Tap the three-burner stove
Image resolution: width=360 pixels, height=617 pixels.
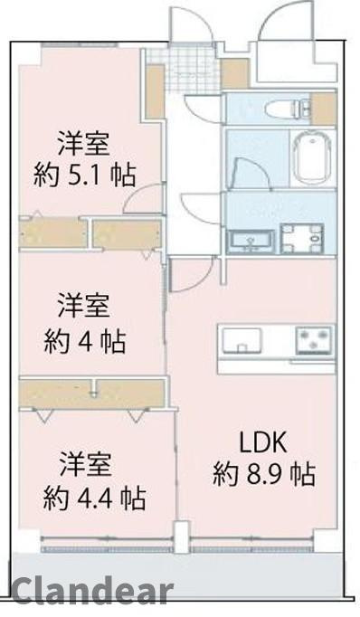pyautogui.click(x=312, y=342)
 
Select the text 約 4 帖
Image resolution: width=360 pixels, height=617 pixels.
pyautogui.click(x=85, y=341)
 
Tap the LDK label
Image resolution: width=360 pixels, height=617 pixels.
pyautogui.click(x=262, y=442)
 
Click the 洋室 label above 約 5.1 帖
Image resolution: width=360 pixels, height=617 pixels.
pyautogui.click(x=85, y=142)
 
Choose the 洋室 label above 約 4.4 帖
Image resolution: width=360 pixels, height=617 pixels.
pyautogui.click(x=86, y=465)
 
